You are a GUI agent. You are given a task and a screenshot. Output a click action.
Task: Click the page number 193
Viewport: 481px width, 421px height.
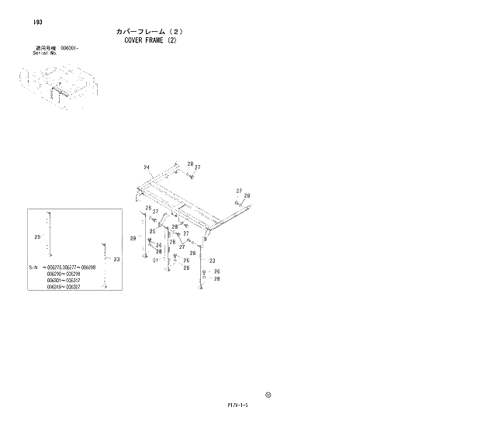[37, 22]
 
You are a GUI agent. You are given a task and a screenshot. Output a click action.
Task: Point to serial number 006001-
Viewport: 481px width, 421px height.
[70, 48]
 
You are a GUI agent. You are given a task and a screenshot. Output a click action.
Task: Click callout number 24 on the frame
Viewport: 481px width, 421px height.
[146, 167]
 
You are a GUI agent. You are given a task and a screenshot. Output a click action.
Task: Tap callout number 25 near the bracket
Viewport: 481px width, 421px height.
[153, 231]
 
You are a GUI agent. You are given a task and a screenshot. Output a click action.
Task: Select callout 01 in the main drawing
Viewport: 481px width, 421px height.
[155, 261]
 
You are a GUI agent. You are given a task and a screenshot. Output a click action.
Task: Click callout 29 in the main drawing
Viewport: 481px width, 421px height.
[133, 238]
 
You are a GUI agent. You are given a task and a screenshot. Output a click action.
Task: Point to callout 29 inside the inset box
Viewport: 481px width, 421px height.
[36, 236]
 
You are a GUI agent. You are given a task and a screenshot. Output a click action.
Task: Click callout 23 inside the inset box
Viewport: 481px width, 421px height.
[116, 260]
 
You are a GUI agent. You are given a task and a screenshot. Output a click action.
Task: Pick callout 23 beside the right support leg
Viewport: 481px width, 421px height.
[211, 261]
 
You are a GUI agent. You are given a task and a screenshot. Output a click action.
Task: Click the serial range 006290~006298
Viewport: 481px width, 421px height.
[64, 274]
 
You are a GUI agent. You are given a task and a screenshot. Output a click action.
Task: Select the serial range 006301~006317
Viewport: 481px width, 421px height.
[64, 281]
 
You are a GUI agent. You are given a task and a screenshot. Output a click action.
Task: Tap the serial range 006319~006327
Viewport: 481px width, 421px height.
[64, 288]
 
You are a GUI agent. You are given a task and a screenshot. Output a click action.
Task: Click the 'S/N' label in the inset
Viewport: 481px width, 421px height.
[33, 267]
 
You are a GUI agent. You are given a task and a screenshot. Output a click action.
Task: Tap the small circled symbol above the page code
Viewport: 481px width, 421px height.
[268, 393]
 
